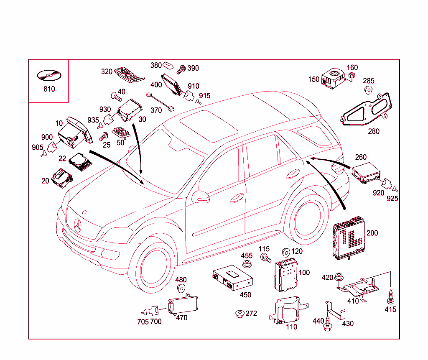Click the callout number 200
click(372, 233)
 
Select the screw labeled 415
click(391, 297)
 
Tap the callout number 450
click(245, 295)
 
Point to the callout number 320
click(107, 71)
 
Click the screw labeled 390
click(181, 69)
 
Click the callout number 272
click(251, 313)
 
